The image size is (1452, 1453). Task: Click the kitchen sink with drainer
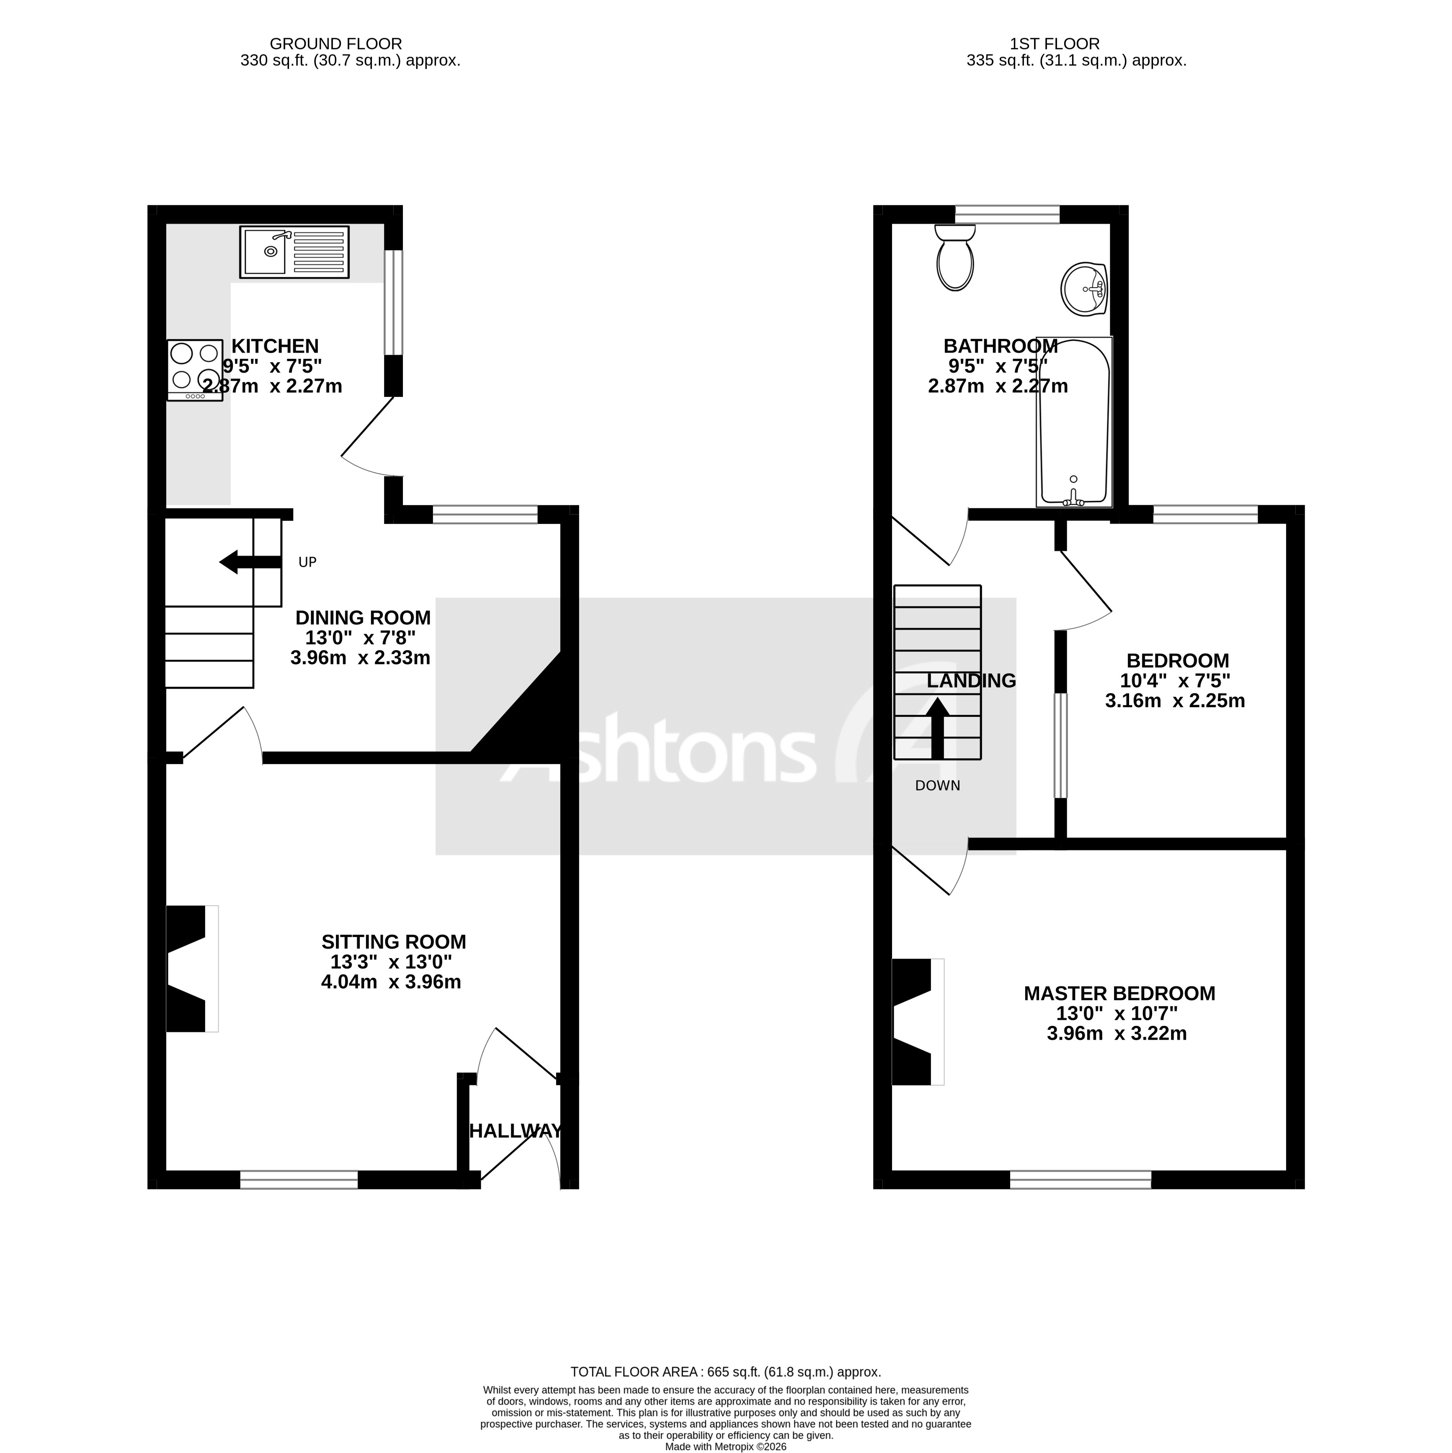click(294, 252)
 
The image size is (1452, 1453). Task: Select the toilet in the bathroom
click(955, 260)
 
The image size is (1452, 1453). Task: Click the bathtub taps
click(1073, 496)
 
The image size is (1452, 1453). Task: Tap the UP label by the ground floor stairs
click(307, 562)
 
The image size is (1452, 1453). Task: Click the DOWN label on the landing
click(937, 786)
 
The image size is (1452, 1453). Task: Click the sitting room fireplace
click(188, 969)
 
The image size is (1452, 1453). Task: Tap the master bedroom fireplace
click(914, 1021)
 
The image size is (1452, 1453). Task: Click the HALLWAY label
click(516, 1130)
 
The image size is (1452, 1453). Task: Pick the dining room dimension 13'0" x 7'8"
click(360, 638)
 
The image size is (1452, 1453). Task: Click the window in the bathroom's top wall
click(1007, 214)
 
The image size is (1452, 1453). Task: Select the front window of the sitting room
click(299, 1179)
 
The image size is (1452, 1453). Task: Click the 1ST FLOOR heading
click(1076, 44)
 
